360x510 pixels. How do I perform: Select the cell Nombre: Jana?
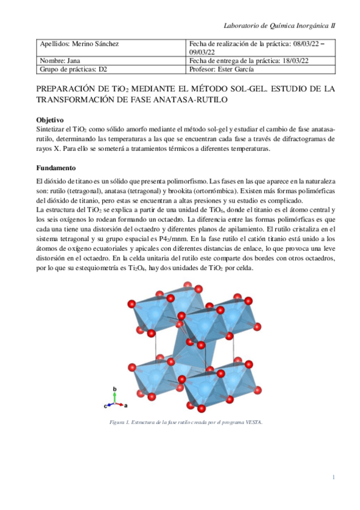59,61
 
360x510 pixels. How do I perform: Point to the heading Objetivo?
50,120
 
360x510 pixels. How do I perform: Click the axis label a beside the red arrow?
125,406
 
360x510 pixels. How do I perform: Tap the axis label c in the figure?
106,407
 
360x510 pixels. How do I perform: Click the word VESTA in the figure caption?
254,422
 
